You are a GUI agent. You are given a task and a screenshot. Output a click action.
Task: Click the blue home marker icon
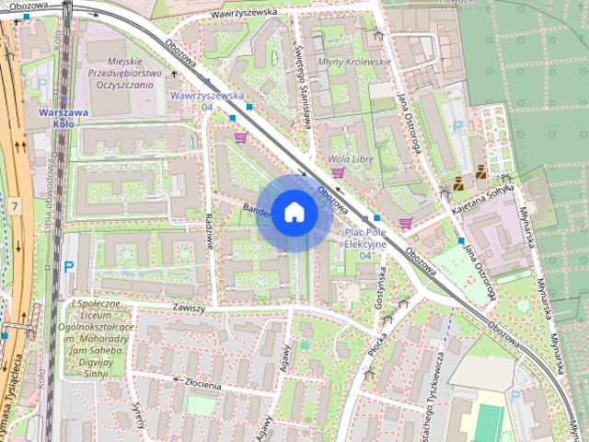coord(293,212)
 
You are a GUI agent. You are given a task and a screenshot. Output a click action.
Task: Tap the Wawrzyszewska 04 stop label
coord(207,100)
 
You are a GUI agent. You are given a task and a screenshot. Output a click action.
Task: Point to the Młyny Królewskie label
coord(354,62)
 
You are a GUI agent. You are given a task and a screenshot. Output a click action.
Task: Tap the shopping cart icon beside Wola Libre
coord(338,172)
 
